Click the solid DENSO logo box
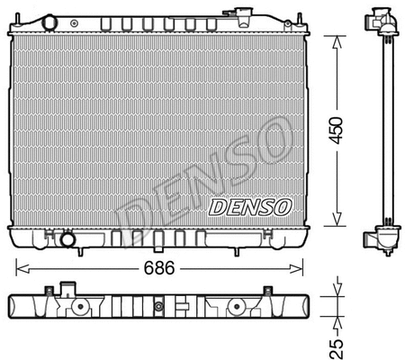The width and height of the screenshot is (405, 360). pos(250,207)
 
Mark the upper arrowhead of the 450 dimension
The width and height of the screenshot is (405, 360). pos(336,39)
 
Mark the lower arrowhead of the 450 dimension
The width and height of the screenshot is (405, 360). pos(336,225)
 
